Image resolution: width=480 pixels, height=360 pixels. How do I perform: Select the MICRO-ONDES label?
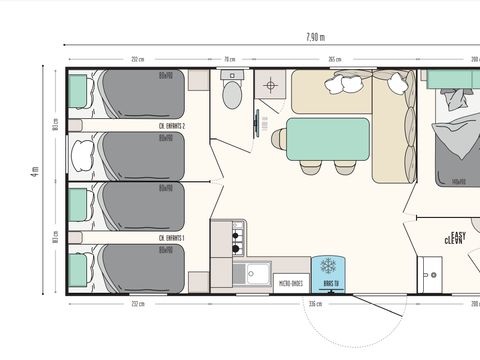pos(291,283)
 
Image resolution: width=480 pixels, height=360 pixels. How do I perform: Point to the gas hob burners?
pos(238,237)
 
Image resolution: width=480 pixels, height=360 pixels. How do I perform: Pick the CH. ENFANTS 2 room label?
pos(175,127)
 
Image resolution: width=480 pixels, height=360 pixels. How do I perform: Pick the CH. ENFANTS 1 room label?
pos(175,239)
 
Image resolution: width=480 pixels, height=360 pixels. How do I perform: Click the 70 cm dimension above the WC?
pos(229,59)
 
